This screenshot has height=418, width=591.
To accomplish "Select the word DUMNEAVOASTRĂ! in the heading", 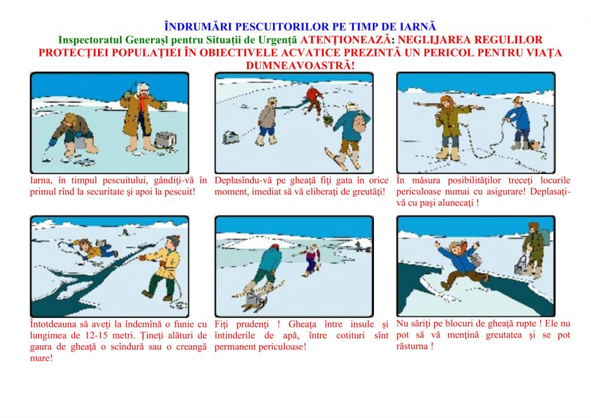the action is pyautogui.click(x=300, y=65).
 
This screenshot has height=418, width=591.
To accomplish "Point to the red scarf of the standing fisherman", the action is pyautogui.click(x=142, y=101).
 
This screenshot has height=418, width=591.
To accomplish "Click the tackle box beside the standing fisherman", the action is pyautogui.click(x=165, y=140).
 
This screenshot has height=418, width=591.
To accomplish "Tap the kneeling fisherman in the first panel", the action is pyautogui.click(x=72, y=134).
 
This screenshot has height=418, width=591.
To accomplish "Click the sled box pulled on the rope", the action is pyautogui.click(x=231, y=137).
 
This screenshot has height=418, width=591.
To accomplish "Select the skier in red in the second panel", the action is pyautogui.click(x=315, y=100).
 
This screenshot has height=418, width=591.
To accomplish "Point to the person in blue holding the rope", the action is pyautogui.click(x=518, y=123).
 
